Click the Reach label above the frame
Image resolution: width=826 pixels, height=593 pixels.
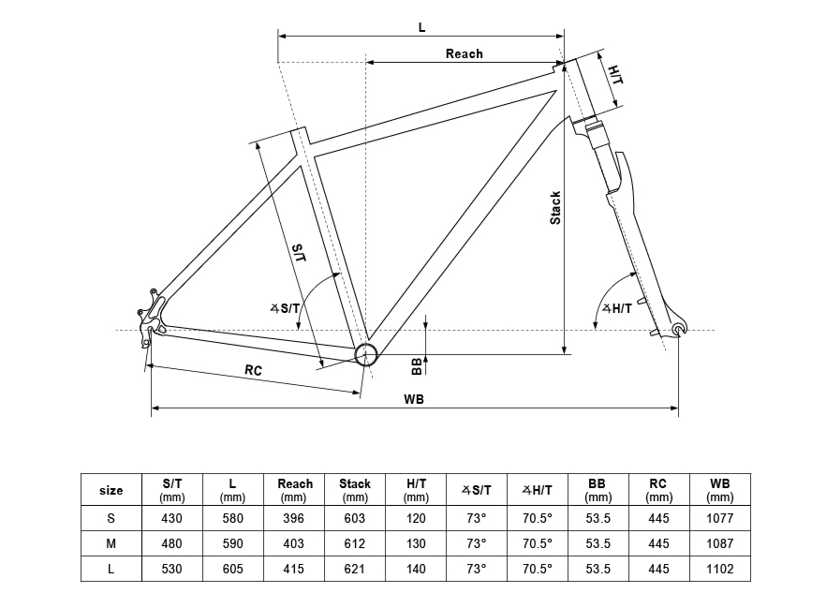click(x=464, y=53)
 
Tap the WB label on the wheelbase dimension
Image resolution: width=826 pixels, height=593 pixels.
click(x=414, y=400)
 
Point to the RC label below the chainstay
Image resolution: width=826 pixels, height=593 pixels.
click(x=253, y=371)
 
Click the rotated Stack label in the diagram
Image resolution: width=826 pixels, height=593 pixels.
click(x=555, y=208)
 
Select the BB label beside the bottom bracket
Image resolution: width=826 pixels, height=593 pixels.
click(x=417, y=365)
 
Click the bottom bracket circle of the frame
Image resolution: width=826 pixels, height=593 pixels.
click(x=365, y=354)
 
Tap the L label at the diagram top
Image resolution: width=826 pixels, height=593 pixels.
click(x=421, y=27)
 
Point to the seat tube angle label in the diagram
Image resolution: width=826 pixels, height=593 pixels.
click(x=285, y=308)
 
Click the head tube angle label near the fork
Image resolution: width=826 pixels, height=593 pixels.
click(x=617, y=308)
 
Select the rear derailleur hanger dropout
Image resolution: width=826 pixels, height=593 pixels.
click(x=152, y=317)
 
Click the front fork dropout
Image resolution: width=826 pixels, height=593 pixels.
click(x=680, y=327)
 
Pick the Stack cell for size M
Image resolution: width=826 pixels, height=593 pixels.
click(x=355, y=543)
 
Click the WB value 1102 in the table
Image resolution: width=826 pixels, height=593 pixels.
click(x=719, y=569)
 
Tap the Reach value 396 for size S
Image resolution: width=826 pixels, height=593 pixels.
click(x=293, y=518)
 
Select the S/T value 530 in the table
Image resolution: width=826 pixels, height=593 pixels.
click(x=171, y=569)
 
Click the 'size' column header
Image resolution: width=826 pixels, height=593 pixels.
click(x=111, y=490)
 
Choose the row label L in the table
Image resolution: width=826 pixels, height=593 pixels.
click(x=111, y=569)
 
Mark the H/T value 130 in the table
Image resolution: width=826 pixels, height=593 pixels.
click(x=416, y=543)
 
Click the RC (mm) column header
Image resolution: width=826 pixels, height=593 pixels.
click(x=658, y=490)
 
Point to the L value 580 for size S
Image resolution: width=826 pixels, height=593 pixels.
click(x=232, y=518)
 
